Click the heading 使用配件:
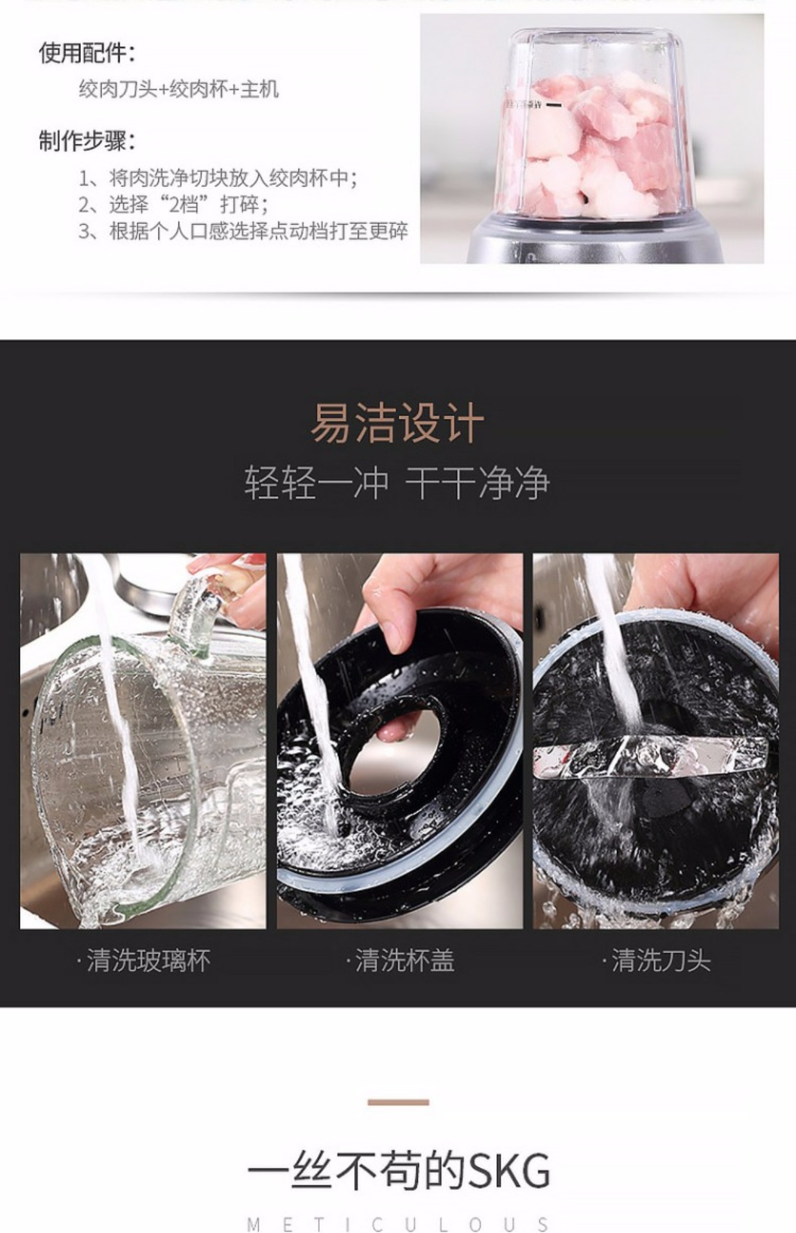pos(87,53)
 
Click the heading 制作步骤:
pos(87,141)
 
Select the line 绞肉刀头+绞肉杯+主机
pos(179,89)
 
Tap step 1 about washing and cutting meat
pos(218,177)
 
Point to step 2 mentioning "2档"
pos(173,204)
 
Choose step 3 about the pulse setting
pos(243,231)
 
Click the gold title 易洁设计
pos(397,424)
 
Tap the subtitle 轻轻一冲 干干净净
pos(397,483)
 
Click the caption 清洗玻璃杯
pos(144,961)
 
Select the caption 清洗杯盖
pos(401,961)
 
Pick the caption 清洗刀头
pos(657,961)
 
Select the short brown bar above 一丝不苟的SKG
pos(398,1102)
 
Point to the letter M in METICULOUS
pos(254,1224)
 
